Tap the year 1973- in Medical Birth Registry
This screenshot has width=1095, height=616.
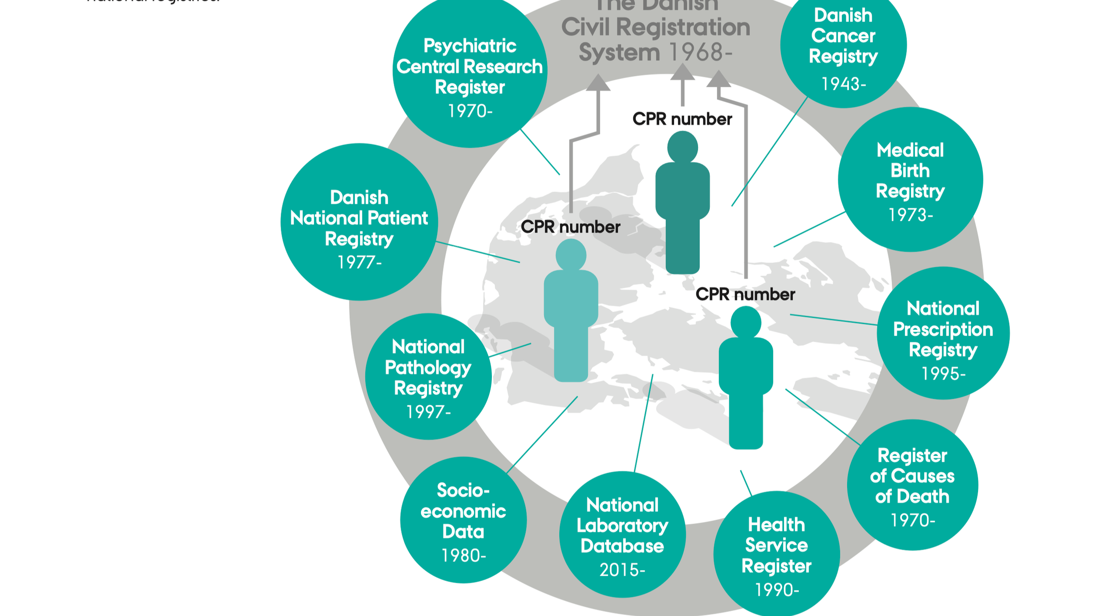(910, 215)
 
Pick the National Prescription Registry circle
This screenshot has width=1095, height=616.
(943, 333)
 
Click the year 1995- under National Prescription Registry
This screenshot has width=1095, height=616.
(943, 374)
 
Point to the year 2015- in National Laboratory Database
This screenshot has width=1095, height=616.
(622, 570)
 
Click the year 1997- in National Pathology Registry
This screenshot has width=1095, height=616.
(428, 412)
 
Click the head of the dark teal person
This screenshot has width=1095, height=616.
(682, 147)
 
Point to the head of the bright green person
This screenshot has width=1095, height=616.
(745, 322)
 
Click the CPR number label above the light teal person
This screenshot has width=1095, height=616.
(570, 227)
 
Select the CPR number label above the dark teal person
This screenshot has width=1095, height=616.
(682, 119)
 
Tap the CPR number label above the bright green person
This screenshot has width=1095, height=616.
(745, 294)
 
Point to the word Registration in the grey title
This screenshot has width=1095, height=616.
(683, 27)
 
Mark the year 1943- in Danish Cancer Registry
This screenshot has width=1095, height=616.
(843, 84)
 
